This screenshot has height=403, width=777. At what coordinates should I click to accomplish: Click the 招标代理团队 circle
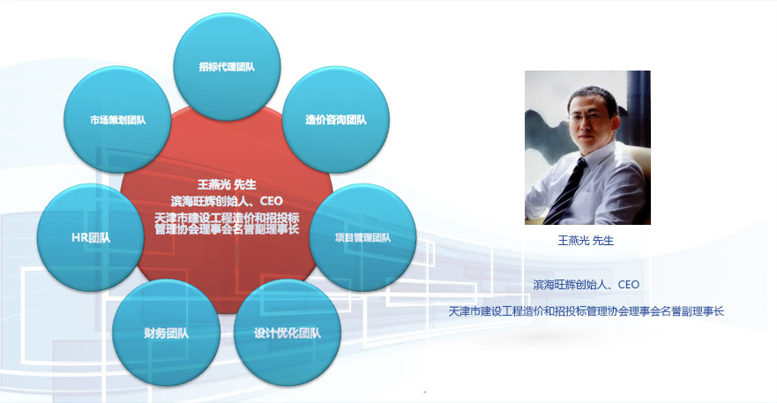click(x=227, y=67)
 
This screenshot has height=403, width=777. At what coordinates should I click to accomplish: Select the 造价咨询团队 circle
click(x=336, y=119)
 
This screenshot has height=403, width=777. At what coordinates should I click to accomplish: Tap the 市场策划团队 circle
click(x=117, y=119)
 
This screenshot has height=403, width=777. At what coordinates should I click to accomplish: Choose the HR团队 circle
click(x=91, y=237)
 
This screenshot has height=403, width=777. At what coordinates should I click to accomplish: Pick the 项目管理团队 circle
click(x=362, y=237)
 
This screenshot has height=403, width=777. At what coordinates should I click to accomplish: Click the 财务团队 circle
click(x=166, y=332)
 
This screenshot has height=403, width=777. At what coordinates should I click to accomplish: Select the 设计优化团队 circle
click(x=288, y=332)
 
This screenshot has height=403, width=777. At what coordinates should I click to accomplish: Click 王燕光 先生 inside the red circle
click(x=227, y=184)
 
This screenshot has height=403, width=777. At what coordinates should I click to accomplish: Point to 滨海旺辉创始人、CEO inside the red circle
click(x=227, y=201)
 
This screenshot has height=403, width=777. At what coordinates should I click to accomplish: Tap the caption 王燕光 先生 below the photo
click(x=586, y=241)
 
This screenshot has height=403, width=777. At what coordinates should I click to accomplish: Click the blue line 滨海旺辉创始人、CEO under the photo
click(x=586, y=285)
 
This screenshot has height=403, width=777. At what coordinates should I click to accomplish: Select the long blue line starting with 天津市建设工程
click(x=586, y=311)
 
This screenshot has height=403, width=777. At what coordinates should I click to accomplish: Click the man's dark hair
click(x=592, y=94)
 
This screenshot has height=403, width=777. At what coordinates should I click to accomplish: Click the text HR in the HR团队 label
click(x=79, y=237)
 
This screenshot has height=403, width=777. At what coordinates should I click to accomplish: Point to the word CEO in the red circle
click(x=271, y=201)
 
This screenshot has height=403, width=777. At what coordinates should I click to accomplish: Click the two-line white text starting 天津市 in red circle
click(x=227, y=224)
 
